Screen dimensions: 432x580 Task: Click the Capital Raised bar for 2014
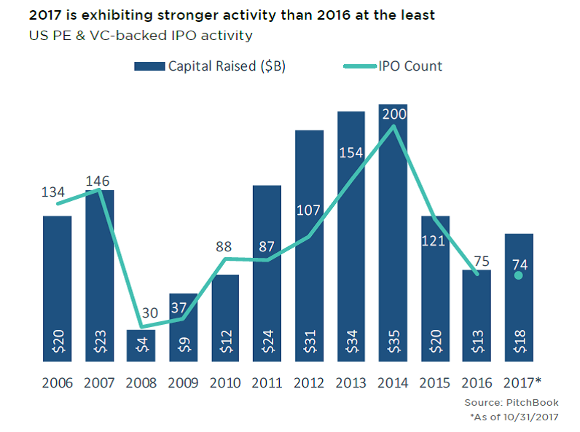point(393,233)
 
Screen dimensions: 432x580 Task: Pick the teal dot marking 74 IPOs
point(518,275)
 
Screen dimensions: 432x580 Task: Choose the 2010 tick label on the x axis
point(225,382)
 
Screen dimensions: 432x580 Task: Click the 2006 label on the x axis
point(58,382)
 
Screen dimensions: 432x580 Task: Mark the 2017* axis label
point(521,382)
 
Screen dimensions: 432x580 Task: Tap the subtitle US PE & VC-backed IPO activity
point(141,35)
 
